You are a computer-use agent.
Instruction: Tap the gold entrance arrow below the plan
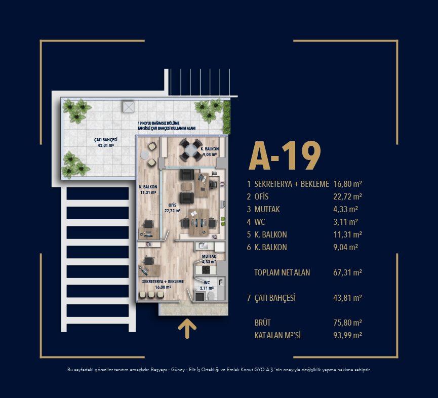point(187,329)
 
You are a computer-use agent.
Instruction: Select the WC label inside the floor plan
point(207,283)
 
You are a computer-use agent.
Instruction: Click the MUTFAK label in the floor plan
point(209,256)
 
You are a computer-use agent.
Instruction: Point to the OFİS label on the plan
point(172,205)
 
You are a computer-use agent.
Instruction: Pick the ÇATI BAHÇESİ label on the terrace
point(106,140)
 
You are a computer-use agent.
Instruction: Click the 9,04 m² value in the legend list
point(345,247)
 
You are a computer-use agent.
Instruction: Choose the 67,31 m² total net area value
point(347,272)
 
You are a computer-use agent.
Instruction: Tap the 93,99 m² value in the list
point(347,335)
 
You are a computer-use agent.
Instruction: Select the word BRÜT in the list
point(263,323)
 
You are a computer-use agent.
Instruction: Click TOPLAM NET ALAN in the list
point(282,272)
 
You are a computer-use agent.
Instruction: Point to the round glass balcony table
point(191,150)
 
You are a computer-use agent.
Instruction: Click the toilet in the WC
point(211,296)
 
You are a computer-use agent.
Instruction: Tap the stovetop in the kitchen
point(206,269)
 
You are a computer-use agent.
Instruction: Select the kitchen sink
point(202,246)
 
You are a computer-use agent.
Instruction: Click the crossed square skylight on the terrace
point(128,107)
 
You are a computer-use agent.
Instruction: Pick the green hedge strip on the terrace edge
point(226,117)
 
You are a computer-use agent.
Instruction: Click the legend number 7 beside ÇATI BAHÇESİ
point(249,298)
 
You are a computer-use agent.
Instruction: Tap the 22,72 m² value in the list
point(347,196)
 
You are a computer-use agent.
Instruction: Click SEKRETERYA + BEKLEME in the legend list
point(292,184)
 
